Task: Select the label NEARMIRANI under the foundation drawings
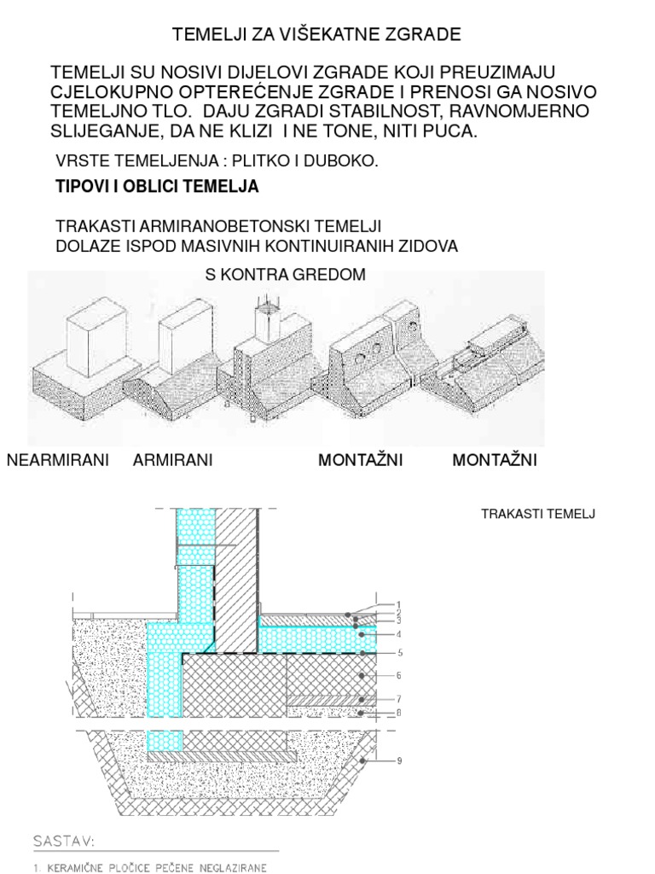click(58, 461)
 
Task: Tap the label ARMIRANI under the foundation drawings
click(173, 461)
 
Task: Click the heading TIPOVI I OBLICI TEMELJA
click(157, 186)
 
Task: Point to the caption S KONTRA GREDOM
click(286, 275)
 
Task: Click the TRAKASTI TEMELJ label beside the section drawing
click(537, 513)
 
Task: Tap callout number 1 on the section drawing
click(397, 604)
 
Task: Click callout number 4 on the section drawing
click(397, 634)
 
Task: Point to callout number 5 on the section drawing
click(397, 654)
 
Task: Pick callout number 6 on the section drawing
click(397, 675)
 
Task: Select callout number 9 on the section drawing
click(397, 760)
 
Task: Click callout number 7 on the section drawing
click(397, 698)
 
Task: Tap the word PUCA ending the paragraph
click(451, 131)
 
